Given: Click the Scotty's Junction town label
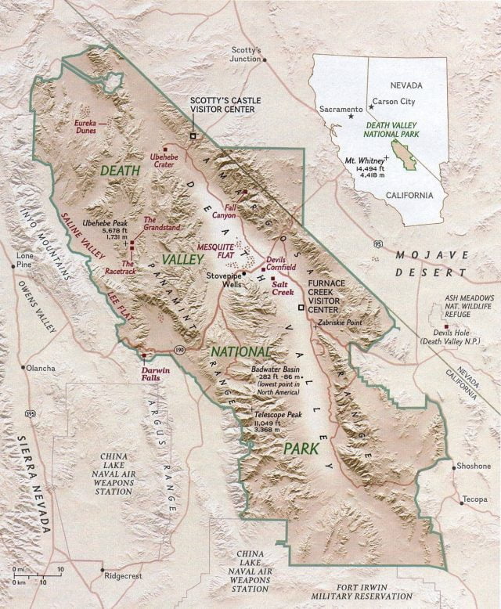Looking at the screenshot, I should coord(247,54).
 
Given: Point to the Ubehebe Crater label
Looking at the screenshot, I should coord(164,161).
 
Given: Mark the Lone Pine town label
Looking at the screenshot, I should coord(26,260).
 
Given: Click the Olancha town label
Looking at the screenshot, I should coord(40,367).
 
